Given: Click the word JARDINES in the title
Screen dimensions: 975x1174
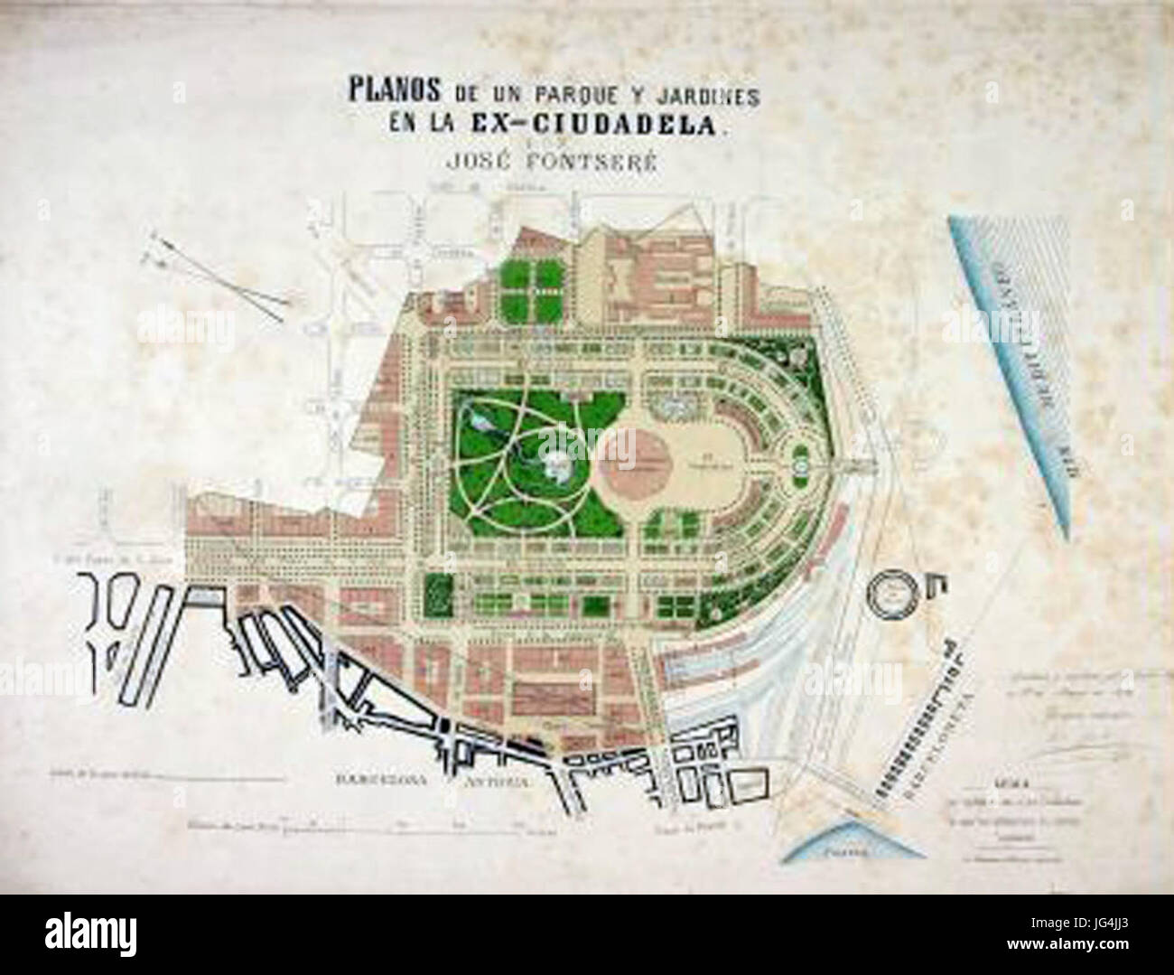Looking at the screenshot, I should pyautogui.click(x=696, y=92).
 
